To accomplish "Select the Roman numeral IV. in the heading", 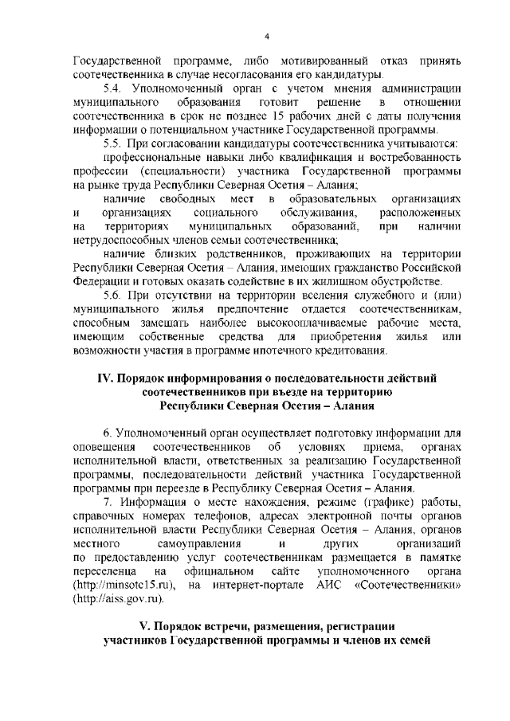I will click(x=107, y=378).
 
